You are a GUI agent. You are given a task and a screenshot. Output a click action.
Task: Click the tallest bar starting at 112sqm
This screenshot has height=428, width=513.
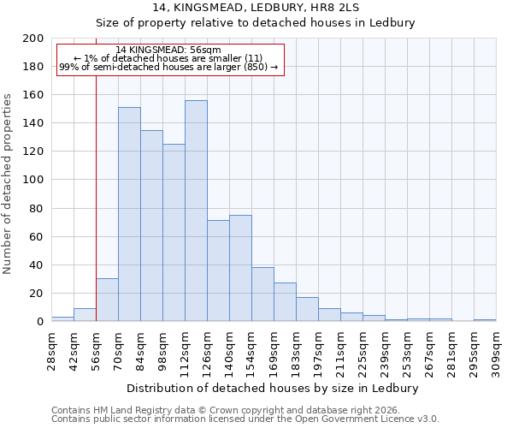pos(196,211)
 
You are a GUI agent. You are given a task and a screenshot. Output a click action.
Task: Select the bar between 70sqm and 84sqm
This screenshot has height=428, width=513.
pos(129,214)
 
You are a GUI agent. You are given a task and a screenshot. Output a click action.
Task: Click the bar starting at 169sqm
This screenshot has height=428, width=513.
pos(285,301)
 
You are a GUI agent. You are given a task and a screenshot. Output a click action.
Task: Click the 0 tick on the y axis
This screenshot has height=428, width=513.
pos(40,322)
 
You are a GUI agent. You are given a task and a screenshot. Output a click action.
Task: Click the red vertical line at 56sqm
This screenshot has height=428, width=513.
pos(96,205)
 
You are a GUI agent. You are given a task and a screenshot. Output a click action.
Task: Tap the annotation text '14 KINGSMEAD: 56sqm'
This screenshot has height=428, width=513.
pos(168,50)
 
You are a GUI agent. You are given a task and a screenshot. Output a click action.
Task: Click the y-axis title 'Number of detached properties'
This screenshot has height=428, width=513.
pos(8,196)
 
